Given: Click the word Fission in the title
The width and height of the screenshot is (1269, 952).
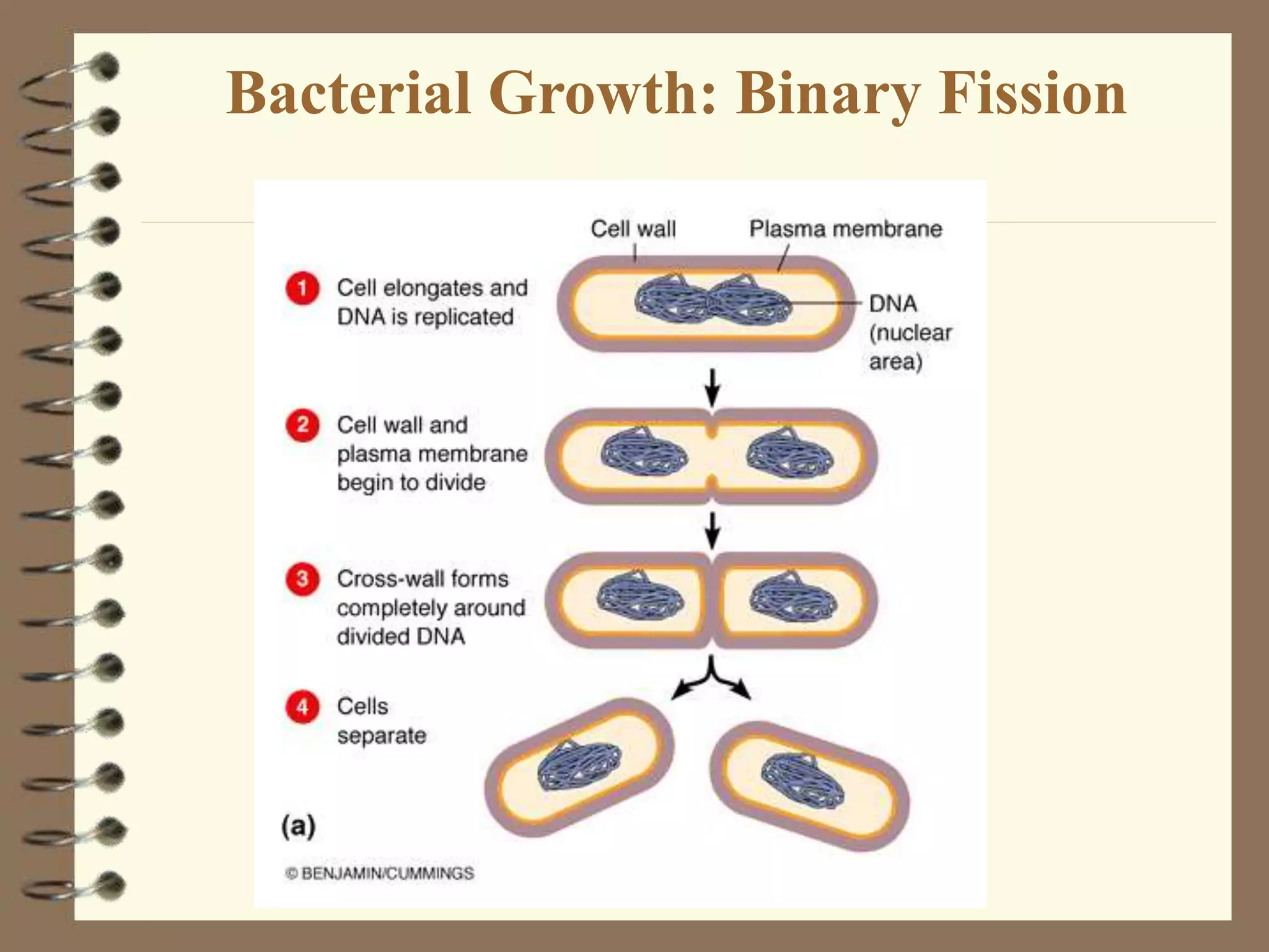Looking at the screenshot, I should click(1032, 94).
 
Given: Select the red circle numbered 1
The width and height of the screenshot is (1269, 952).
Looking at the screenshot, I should click(302, 288).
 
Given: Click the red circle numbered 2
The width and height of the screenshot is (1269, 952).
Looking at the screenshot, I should click(302, 425).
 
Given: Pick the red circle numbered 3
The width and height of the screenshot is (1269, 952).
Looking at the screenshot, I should click(302, 579).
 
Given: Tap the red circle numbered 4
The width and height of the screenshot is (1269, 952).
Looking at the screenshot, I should click(302, 707).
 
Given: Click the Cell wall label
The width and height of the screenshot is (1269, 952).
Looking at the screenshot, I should click(633, 229).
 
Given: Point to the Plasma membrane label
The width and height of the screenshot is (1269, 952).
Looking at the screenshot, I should click(845, 229).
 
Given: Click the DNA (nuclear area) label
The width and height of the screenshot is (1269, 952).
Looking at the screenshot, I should click(909, 332).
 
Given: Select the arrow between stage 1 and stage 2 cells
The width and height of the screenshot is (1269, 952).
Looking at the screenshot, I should click(713, 387).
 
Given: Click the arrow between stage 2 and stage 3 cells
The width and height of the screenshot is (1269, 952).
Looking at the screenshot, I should click(713, 530).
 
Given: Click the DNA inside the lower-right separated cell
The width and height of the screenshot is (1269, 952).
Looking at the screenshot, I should click(802, 781).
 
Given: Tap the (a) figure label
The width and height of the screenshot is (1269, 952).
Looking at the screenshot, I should click(299, 826).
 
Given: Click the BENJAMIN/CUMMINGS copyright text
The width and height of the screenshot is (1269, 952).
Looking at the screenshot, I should click(380, 873).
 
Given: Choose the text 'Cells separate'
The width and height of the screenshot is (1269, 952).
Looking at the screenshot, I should click(381, 721).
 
